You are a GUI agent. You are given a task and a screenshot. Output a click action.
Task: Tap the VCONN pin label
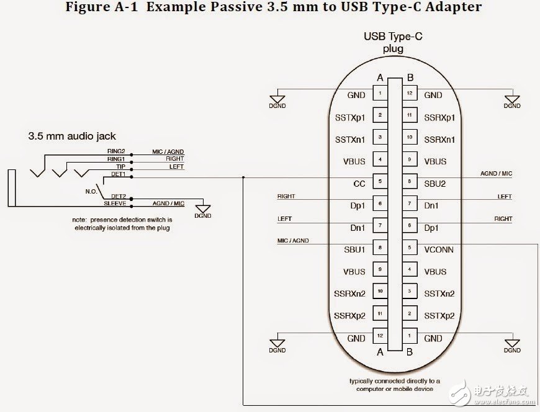click(439, 249)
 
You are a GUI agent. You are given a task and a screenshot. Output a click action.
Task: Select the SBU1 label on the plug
click(354, 249)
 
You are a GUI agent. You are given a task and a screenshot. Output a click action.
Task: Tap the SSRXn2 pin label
click(349, 293)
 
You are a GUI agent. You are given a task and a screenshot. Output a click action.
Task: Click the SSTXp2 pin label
click(439, 316)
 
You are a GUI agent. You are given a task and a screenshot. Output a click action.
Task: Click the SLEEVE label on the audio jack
click(115, 204)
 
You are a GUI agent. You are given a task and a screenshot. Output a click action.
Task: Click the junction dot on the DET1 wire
click(243, 177)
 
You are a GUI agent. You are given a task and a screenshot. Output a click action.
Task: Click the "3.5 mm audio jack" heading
click(72, 136)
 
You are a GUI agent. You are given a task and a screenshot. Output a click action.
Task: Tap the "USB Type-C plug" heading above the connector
click(392, 42)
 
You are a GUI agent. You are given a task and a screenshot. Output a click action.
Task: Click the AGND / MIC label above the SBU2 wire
click(497, 174)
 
